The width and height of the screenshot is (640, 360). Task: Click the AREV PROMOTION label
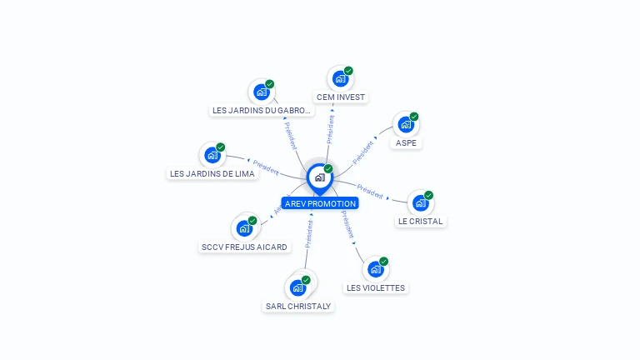point(320,203)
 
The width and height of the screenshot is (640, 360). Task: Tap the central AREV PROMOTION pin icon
point(319,177)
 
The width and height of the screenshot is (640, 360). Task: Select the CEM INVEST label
point(341,97)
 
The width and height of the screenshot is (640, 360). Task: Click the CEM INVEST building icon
point(340,79)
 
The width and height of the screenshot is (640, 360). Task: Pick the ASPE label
point(406,142)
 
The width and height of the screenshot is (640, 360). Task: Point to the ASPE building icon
point(406,125)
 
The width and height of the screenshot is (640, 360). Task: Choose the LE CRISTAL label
point(421,222)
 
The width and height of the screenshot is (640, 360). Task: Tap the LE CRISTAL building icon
point(421,203)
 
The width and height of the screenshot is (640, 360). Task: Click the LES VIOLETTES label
point(376,288)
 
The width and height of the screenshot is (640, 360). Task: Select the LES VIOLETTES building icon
point(376,269)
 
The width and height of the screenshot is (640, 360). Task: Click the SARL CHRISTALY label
point(298,306)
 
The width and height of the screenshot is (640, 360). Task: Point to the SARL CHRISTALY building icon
point(298,288)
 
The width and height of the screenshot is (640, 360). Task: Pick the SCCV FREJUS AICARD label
point(244,247)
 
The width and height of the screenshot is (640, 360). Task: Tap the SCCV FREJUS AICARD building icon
point(244,228)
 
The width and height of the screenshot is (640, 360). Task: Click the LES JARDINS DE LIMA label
point(212,173)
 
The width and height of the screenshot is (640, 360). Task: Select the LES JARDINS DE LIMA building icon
point(212,155)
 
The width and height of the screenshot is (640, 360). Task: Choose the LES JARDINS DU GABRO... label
point(262,110)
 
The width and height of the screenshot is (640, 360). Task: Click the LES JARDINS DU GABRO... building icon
point(262,92)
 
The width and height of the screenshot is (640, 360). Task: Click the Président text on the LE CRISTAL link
point(370,191)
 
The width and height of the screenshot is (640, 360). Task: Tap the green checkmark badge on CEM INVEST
point(348,71)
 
